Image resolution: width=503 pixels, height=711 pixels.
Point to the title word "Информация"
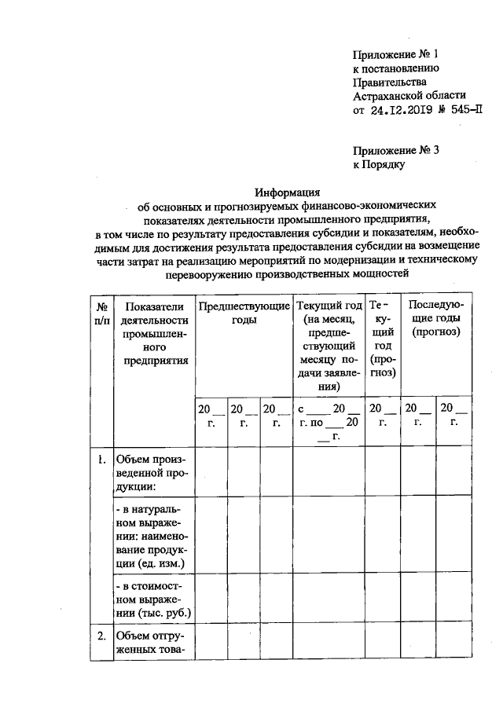[x=286, y=191]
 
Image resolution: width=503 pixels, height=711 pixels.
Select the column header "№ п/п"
[x=101, y=313]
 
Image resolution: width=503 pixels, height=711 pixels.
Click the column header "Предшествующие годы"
[x=244, y=313]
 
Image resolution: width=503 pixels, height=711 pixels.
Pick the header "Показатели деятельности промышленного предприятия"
[x=155, y=333]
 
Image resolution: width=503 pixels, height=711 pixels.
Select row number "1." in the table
[x=101, y=460]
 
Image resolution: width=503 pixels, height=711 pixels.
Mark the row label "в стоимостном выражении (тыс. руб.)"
[x=154, y=600]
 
